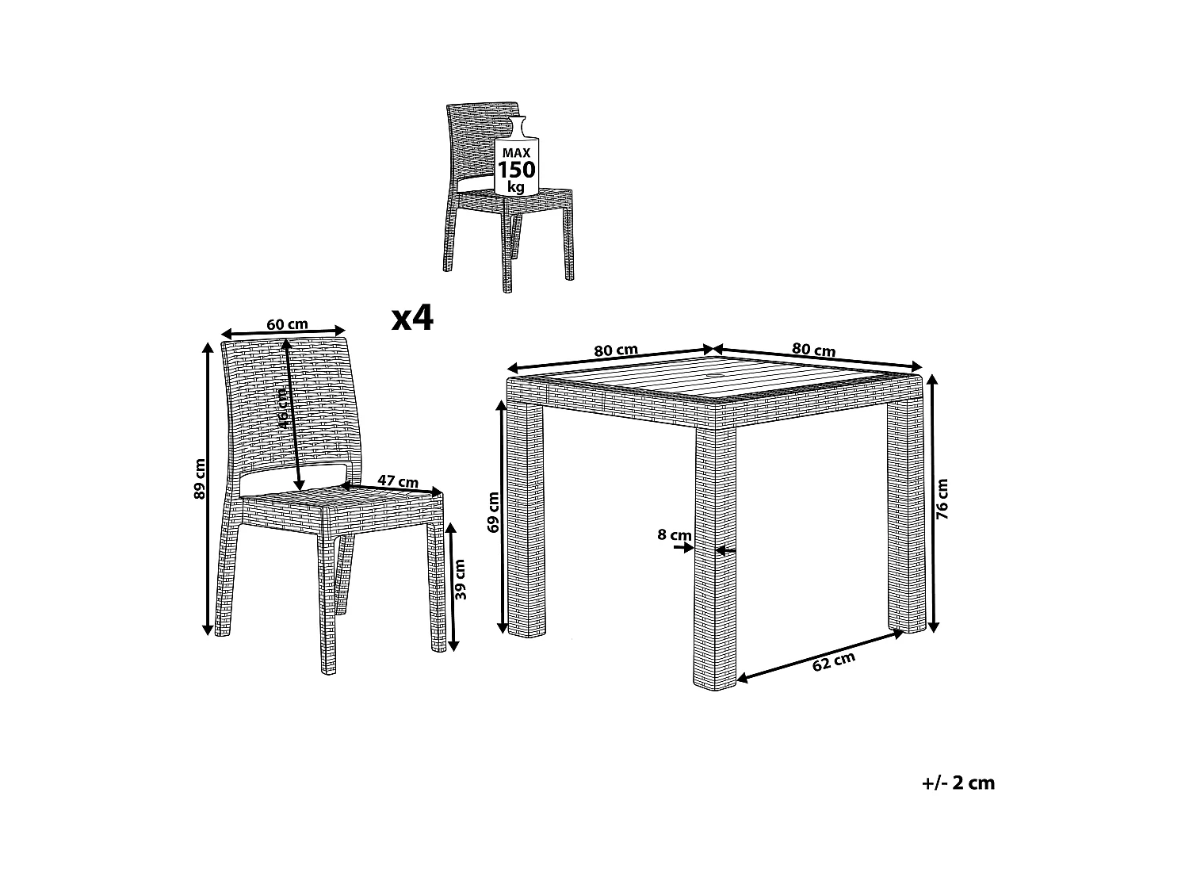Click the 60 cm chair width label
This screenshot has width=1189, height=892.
287,324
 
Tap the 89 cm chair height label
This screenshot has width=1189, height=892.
199,480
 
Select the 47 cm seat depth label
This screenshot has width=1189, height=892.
398,481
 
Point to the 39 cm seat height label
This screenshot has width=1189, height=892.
461,580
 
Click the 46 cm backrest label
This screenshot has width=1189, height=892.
282,408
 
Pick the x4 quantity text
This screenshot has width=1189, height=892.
413,318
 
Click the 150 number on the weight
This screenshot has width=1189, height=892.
516,170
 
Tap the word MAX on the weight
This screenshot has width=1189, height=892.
516,153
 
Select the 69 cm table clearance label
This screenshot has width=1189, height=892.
493,512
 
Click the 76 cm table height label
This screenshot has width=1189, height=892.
942,500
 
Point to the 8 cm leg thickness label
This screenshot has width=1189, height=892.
675,535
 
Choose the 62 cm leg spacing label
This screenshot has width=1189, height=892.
834,662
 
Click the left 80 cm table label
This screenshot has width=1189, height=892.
616,350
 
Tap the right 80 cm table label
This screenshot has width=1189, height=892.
813,350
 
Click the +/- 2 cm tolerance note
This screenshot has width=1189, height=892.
958,783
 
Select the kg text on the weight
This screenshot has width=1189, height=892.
516,187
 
